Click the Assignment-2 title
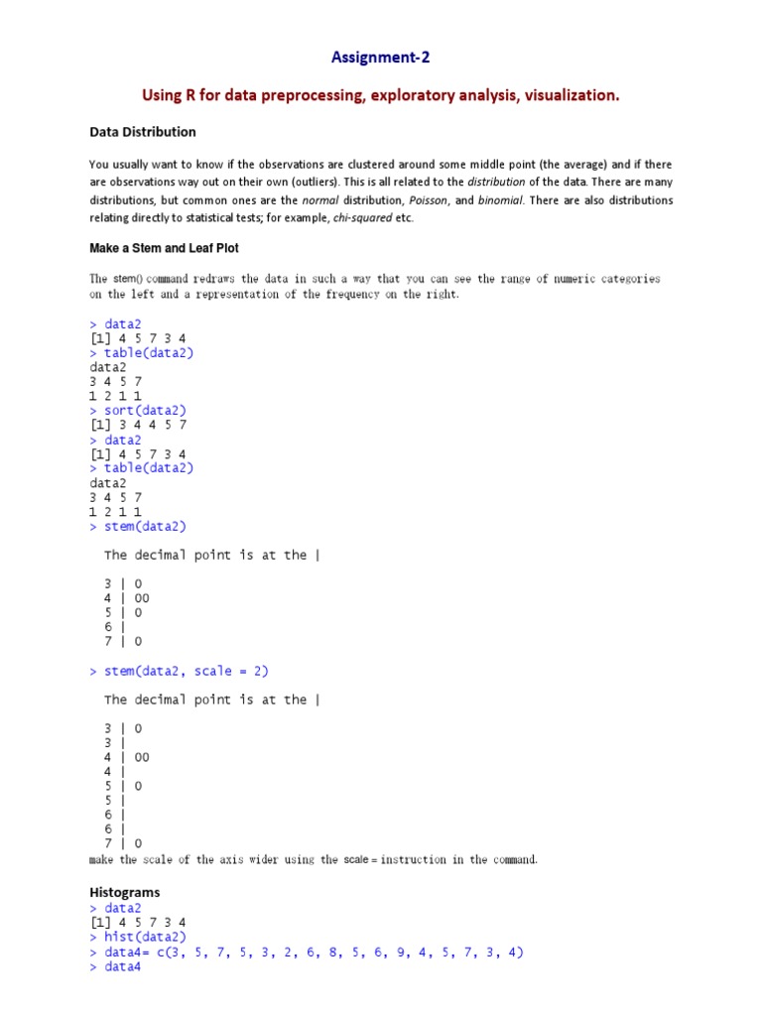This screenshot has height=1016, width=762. [x=381, y=58]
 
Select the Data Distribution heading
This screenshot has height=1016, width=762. [x=143, y=131]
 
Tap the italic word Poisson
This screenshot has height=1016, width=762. [x=429, y=199]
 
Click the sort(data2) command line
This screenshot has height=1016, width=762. [x=145, y=410]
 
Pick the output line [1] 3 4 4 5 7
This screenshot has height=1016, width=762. [x=138, y=425]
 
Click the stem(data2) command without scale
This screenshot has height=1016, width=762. [x=145, y=526]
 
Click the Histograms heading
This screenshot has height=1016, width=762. [x=125, y=892]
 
